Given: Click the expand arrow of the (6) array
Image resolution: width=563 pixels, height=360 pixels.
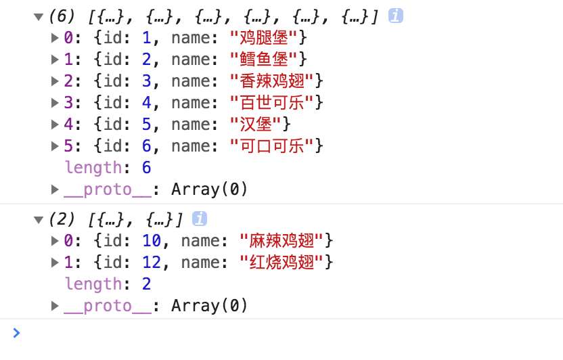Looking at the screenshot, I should tap(39, 16).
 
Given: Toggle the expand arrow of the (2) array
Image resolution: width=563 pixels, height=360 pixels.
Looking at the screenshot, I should tap(39, 219).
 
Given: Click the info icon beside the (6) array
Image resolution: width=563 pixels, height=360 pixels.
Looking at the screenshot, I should tap(396, 16).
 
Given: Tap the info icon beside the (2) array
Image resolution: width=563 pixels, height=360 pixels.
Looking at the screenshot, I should tap(200, 219).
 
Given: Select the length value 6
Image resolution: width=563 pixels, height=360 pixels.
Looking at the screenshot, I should tap(146, 168).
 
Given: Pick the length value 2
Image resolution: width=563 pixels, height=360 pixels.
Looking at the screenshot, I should tap(146, 284).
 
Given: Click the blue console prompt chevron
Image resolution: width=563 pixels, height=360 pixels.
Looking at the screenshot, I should tap(16, 332).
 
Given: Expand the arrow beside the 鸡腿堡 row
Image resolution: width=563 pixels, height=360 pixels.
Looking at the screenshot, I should tap(55, 38).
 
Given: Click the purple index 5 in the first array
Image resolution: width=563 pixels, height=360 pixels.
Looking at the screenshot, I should tap(68, 146).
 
